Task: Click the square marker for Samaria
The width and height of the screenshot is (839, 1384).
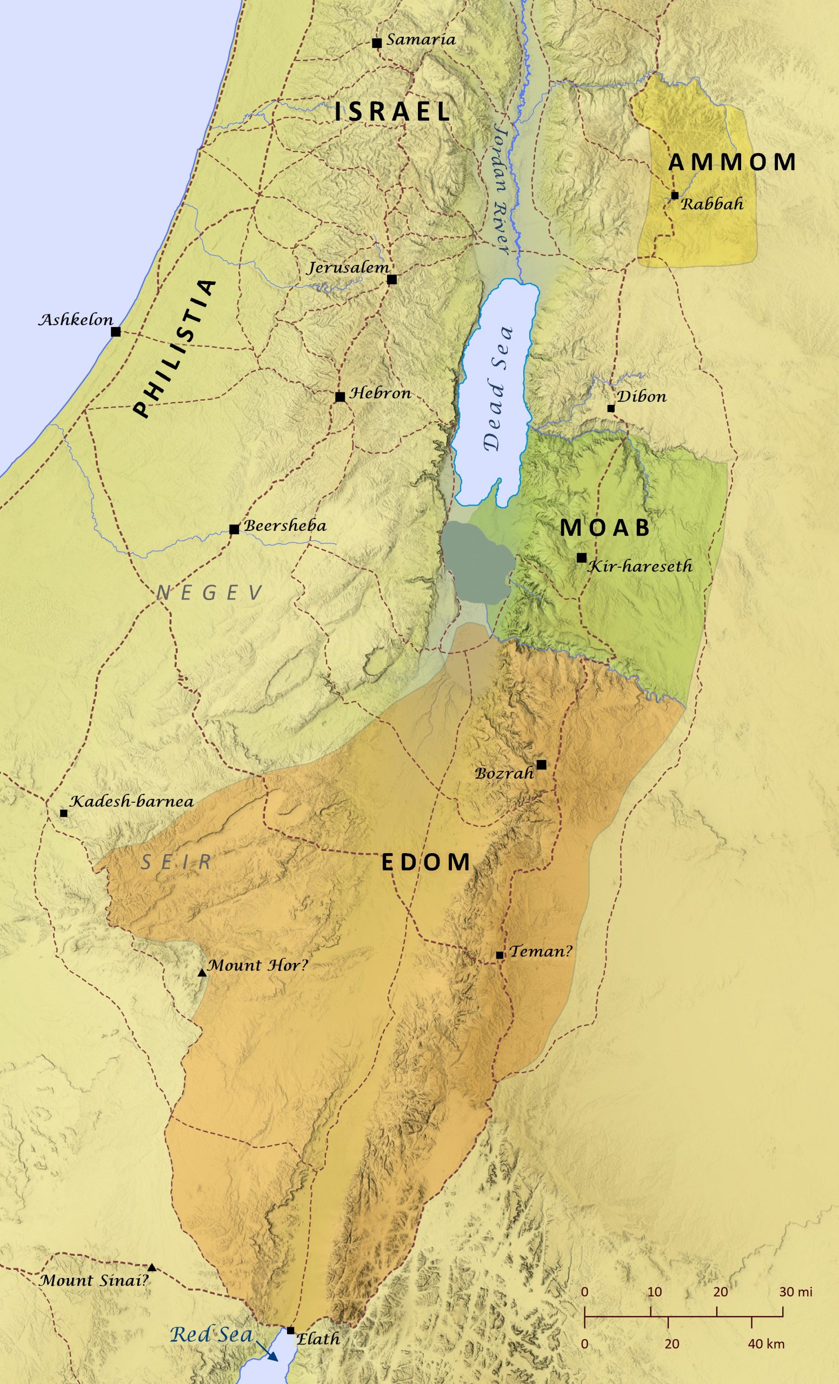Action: [377, 43]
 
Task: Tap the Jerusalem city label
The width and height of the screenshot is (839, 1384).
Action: [348, 268]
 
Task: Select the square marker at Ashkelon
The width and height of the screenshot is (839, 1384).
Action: [116, 332]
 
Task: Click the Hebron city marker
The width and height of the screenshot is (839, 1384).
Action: [339, 397]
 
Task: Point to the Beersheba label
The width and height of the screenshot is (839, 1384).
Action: [285, 527]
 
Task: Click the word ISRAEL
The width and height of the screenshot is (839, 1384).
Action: [392, 112]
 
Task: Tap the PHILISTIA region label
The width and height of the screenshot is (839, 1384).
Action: [175, 349]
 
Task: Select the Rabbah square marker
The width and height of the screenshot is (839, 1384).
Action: [675, 196]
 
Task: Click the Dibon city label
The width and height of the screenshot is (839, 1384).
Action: [641, 397]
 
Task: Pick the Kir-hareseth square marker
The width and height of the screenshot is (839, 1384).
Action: [582, 558]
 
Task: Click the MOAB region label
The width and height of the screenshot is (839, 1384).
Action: [605, 528]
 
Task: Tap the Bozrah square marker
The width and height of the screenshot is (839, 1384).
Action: [541, 764]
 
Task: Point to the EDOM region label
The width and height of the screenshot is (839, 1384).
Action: [425, 862]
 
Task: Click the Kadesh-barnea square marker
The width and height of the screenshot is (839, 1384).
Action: [63, 813]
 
